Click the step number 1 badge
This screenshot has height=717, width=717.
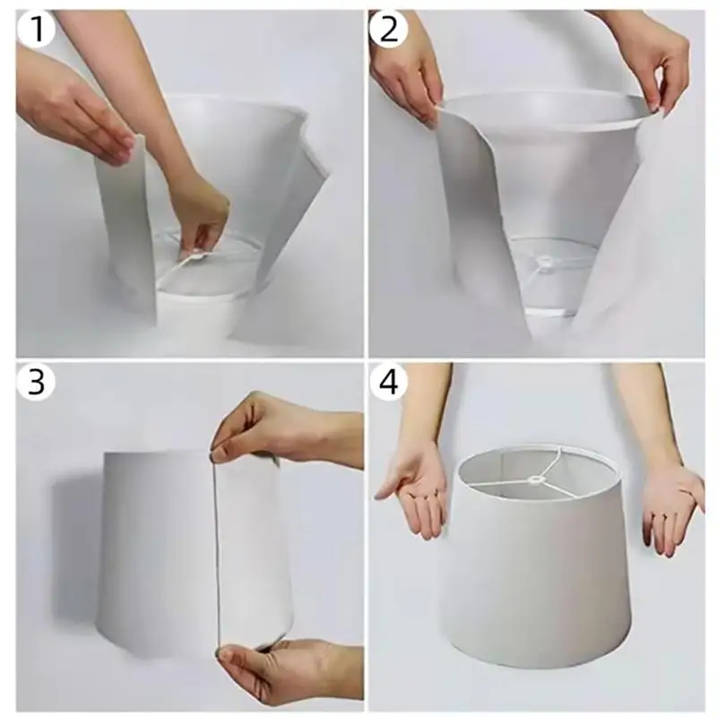(36, 28)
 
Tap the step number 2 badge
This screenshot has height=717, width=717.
(389, 28)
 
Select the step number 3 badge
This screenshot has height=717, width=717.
(36, 381)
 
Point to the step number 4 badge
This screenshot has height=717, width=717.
(389, 381)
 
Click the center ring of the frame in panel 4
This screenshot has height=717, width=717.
(533, 479)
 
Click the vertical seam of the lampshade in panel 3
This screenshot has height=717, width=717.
(216, 549)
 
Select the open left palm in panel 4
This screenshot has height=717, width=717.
(414, 489)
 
